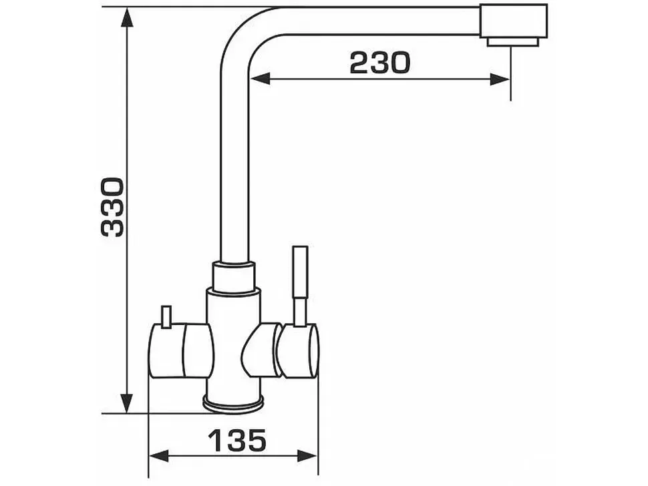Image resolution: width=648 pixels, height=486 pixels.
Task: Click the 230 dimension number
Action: pos(380,63)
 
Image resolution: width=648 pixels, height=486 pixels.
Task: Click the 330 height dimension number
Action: pos(112,207)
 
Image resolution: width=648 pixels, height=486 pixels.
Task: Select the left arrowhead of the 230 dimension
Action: pos(260,79)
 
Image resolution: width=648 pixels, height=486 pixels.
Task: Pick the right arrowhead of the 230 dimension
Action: pos(500,79)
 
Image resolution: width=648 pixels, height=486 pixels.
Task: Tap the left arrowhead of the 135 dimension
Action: pos(159,456)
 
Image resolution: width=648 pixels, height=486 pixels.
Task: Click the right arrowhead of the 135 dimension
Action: pos(307,456)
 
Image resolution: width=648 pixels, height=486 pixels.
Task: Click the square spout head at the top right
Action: pos(513,21)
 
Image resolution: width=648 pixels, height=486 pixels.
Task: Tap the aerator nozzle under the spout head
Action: pos(513,42)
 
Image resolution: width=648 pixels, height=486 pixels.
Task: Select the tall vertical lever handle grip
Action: pos(300,272)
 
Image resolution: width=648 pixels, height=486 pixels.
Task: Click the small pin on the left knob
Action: pos(166,317)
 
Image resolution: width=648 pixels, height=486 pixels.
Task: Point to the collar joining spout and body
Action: pos(234,277)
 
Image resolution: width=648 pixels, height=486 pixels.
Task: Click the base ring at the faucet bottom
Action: pos(234,404)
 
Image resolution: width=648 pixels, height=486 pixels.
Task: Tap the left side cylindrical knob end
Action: pos(166,350)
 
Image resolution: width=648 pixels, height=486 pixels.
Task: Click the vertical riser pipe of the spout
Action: pos(234,165)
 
